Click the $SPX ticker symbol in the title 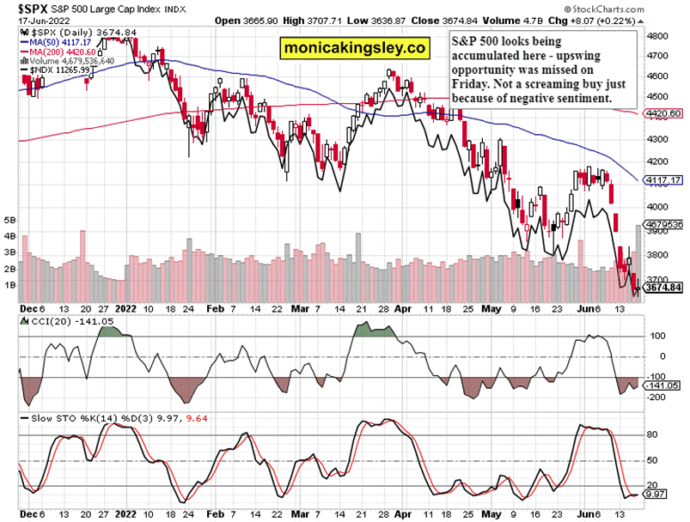tap(22, 7)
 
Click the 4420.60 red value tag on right tap(664, 112)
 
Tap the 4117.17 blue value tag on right tap(664, 180)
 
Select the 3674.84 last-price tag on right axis tap(664, 288)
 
